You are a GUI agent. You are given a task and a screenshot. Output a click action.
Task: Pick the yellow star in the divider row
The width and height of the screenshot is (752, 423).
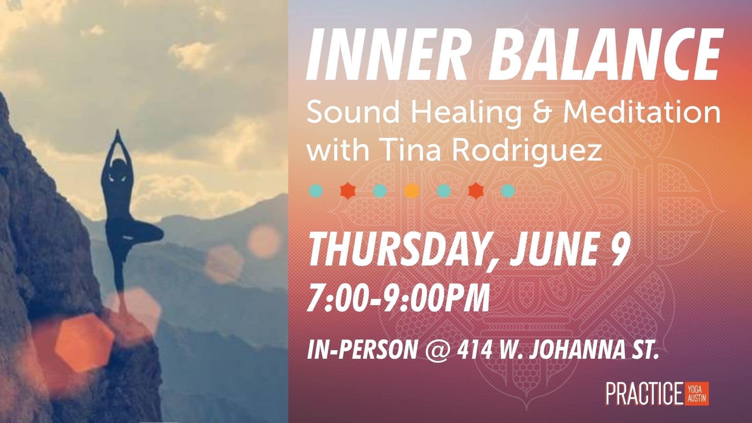(411, 191)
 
